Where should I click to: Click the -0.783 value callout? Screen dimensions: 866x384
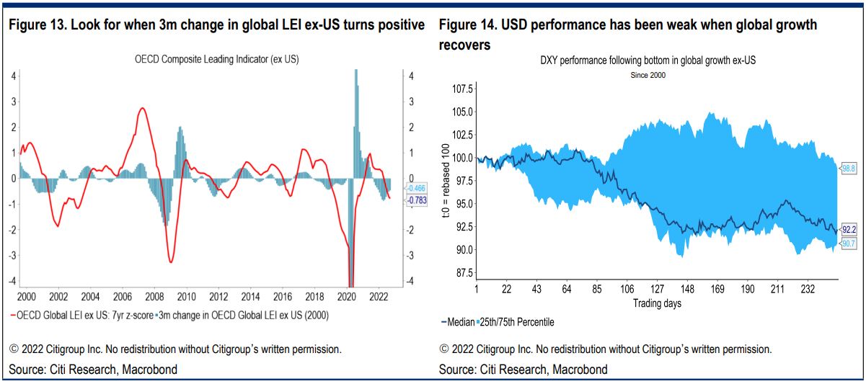pyautogui.click(x=417, y=200)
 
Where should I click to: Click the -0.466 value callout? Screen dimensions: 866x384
pyautogui.click(x=416, y=188)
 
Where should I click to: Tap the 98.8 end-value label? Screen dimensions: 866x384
pyautogui.click(x=849, y=168)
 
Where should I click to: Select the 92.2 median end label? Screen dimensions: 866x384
pyautogui.click(x=849, y=230)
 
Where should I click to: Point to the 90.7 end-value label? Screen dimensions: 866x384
pyautogui.click(x=849, y=244)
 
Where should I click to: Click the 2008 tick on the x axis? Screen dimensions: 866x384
pyautogui.click(x=154, y=297)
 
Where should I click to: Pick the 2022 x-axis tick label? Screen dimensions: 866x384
pyautogui.click(x=379, y=297)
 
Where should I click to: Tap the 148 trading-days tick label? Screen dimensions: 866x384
pyautogui.click(x=687, y=289)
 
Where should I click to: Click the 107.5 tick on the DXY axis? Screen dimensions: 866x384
pyautogui.click(x=462, y=89)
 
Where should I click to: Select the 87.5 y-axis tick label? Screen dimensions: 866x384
pyautogui.click(x=464, y=273)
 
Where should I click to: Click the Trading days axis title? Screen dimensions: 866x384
pyautogui.click(x=657, y=303)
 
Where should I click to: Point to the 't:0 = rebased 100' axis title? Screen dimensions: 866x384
pyautogui.click(x=446, y=180)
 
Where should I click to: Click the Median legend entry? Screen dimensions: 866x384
pyautogui.click(x=458, y=322)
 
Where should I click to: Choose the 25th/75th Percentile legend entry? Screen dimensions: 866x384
pyautogui.click(x=516, y=322)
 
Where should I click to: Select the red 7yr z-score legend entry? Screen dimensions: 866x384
pyautogui.click(x=82, y=316)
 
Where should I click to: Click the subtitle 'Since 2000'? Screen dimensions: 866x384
pyautogui.click(x=648, y=76)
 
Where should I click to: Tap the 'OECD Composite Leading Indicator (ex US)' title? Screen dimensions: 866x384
pyautogui.click(x=216, y=59)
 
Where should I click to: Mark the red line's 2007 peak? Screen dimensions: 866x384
pyautogui.click(x=142, y=108)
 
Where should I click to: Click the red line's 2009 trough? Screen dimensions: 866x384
pyautogui.click(x=171, y=262)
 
